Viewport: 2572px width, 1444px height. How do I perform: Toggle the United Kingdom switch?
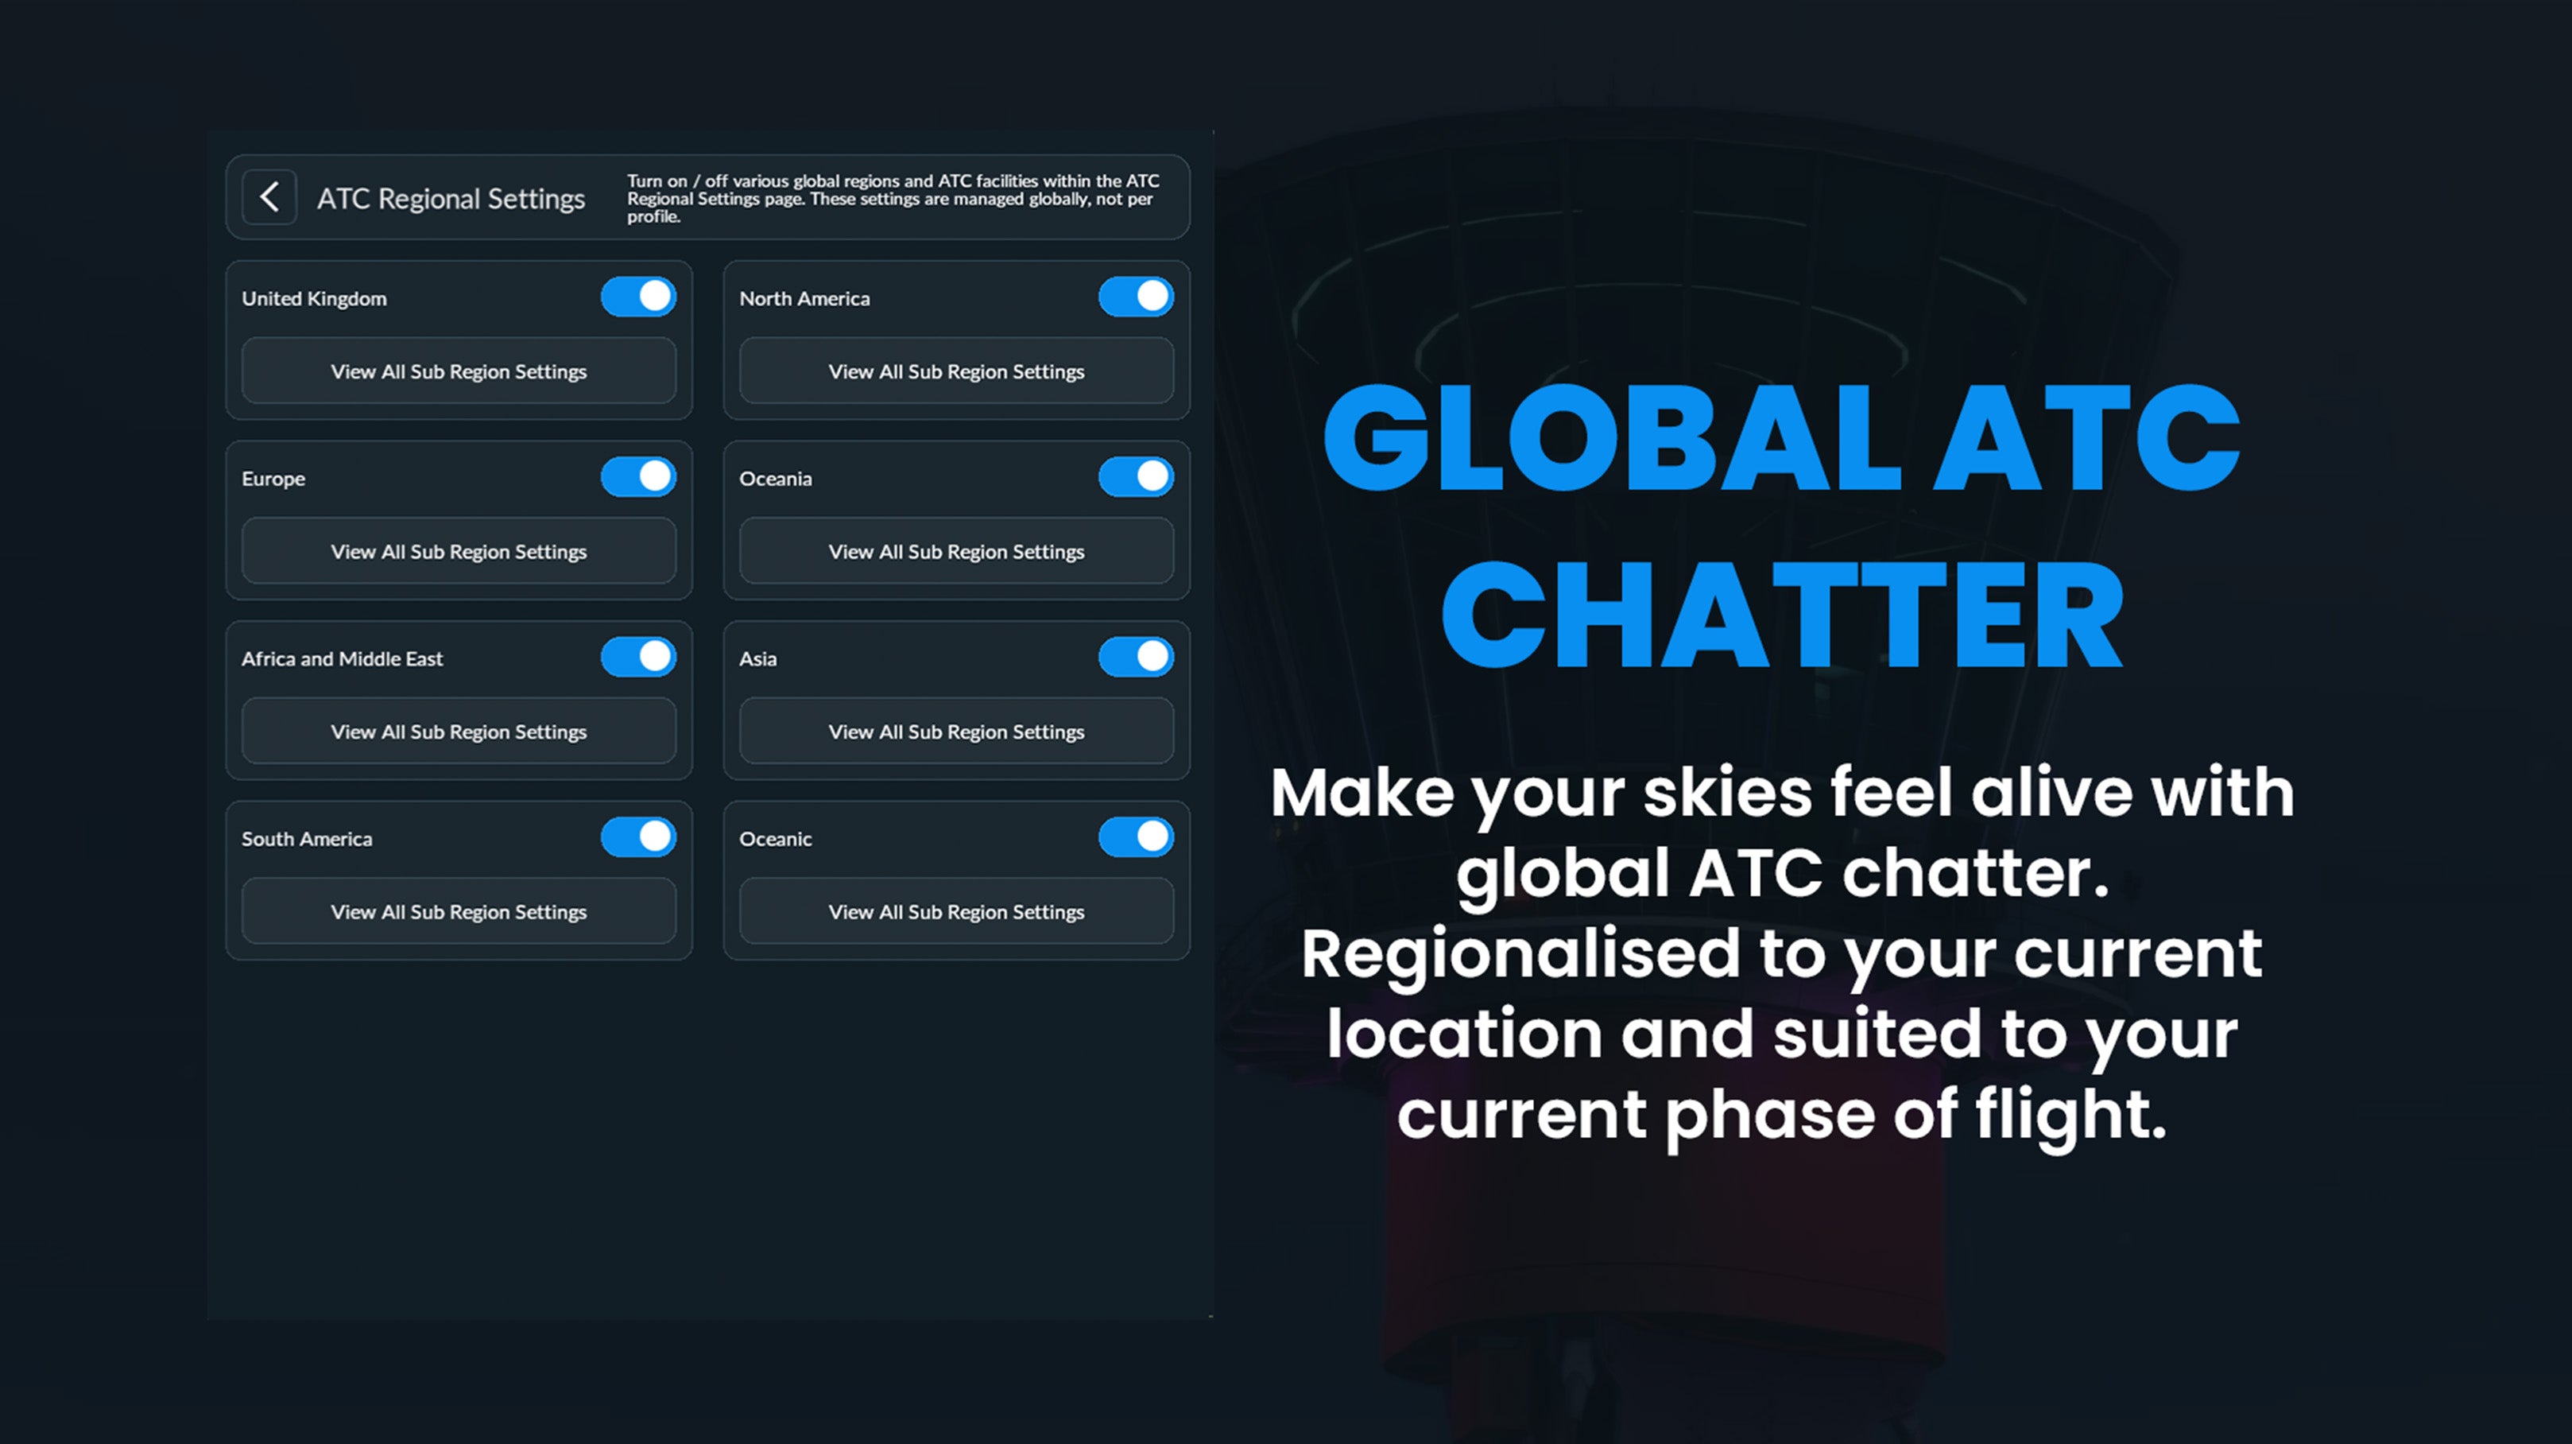tap(638, 297)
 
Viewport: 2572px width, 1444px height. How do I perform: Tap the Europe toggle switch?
tap(638, 476)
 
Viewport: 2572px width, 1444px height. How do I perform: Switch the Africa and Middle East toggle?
tap(638, 657)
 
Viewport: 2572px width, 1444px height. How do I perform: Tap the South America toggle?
tap(638, 837)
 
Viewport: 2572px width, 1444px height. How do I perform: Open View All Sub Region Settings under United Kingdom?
tap(459, 371)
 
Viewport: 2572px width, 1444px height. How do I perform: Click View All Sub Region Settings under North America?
tap(955, 371)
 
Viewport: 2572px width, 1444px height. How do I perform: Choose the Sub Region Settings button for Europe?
tap(459, 551)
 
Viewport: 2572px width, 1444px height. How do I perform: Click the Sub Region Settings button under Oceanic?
tap(955, 912)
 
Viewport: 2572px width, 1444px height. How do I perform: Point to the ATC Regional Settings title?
tap(451, 199)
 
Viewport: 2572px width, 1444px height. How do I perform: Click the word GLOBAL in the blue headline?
tap(1612, 440)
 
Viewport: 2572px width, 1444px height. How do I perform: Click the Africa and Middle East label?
tap(342, 659)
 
